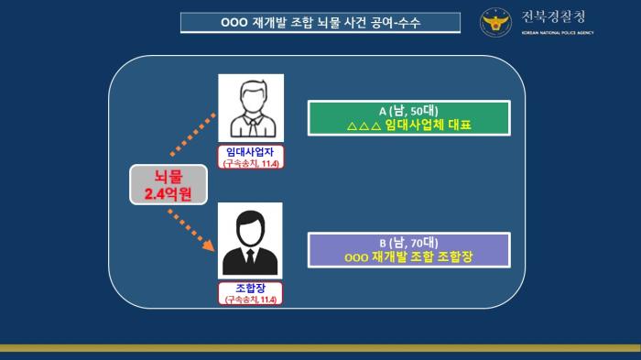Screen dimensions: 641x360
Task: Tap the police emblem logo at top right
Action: point(498,22)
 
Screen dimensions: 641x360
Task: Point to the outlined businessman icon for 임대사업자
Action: point(250,107)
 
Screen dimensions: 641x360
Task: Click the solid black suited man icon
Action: point(250,240)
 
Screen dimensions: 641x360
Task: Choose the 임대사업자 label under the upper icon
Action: point(250,151)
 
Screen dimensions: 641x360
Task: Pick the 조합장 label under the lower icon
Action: point(250,288)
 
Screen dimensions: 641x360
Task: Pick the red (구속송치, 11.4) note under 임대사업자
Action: point(250,163)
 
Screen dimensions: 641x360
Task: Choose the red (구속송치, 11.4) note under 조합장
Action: point(250,300)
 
